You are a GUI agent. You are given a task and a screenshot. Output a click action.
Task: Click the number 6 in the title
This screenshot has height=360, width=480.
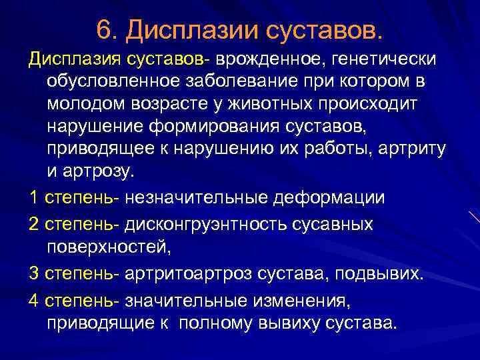click(103, 29)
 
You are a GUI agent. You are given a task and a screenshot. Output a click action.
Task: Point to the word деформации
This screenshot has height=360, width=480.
click(325, 198)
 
